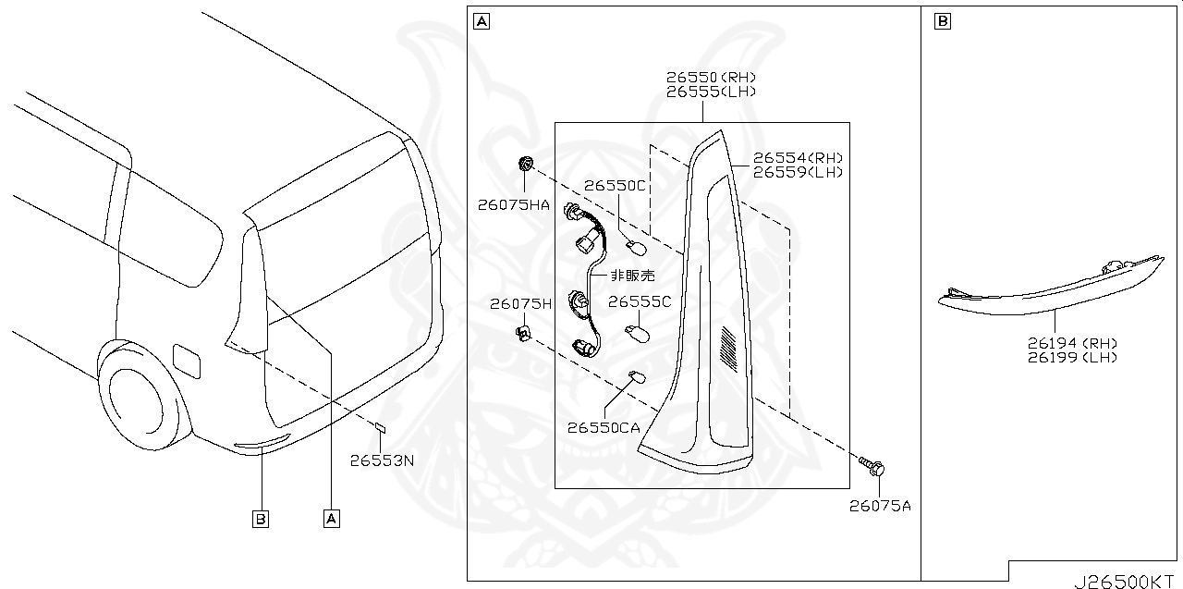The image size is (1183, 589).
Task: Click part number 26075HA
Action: pos(514,205)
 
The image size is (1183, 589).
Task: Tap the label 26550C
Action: pos(614,186)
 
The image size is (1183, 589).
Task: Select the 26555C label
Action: pos(640,301)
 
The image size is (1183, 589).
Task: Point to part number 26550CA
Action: pos(604,427)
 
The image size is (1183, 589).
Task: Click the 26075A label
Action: pos(880,506)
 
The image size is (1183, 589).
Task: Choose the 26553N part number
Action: pos(383,460)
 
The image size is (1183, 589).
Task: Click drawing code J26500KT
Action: pos(1127,581)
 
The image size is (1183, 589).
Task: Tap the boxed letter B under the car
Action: pos(261,520)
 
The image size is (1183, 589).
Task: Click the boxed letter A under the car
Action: pos(331,520)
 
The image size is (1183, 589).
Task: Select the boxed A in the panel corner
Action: pos(481,20)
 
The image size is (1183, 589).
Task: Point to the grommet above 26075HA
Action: pos(525,165)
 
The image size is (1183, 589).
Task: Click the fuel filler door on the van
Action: pos(186,359)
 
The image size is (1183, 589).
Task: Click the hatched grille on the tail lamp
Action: pos(730,350)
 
